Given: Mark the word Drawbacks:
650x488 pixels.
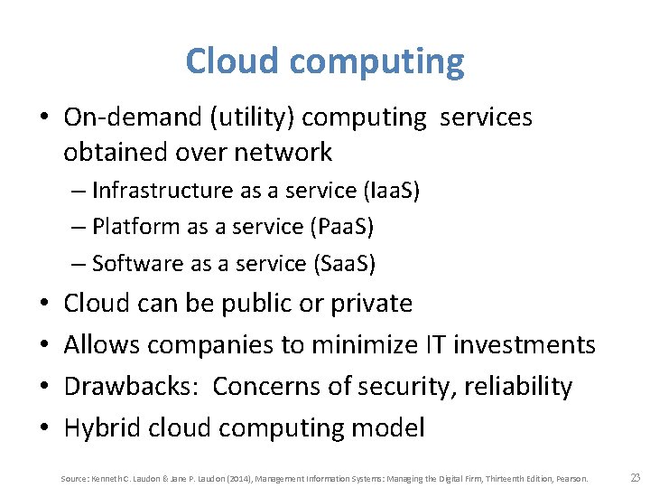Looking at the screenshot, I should tap(134, 386).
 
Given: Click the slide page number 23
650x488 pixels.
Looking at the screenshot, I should tap(634, 477).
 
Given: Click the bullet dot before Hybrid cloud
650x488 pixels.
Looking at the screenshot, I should tap(45, 427).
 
